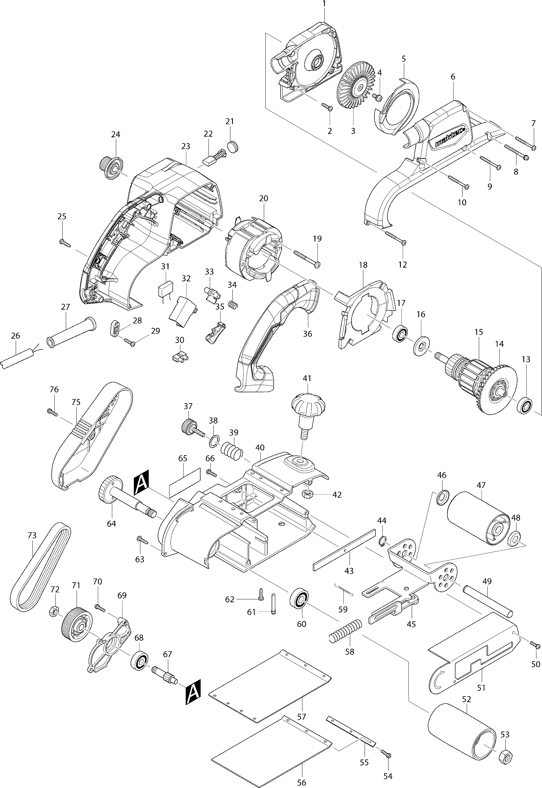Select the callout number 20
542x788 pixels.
point(263,198)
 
